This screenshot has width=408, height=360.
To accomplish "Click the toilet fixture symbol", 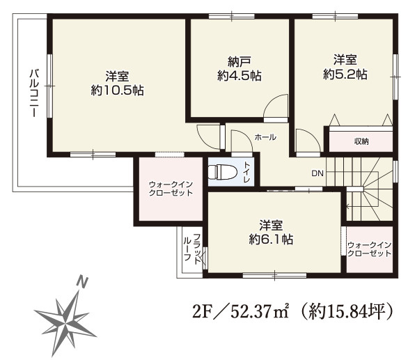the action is [x=223, y=172].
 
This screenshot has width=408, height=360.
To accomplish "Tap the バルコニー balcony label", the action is [x=34, y=93].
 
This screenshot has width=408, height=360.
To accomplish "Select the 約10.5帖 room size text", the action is [x=118, y=91].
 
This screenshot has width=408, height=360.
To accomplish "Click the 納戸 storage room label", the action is [x=240, y=62].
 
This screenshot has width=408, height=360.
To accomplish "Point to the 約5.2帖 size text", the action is [x=345, y=75].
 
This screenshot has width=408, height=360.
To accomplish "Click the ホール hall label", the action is [x=265, y=137].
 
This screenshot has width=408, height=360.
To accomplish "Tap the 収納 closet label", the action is [x=361, y=141].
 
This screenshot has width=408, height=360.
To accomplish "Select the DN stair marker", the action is [x=317, y=173].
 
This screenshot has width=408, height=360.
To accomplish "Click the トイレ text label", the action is [x=246, y=172].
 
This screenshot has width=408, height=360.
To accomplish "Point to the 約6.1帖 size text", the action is [x=271, y=239].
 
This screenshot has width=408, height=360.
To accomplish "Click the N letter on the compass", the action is [x=82, y=282].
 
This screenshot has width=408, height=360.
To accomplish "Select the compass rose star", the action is [x=65, y=324].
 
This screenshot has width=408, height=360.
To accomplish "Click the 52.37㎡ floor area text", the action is [x=260, y=311].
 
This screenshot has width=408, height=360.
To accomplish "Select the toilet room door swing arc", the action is [x=245, y=135].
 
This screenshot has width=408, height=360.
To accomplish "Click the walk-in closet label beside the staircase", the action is [x=370, y=249].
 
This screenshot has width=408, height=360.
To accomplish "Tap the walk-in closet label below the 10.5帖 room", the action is [x=171, y=189].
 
